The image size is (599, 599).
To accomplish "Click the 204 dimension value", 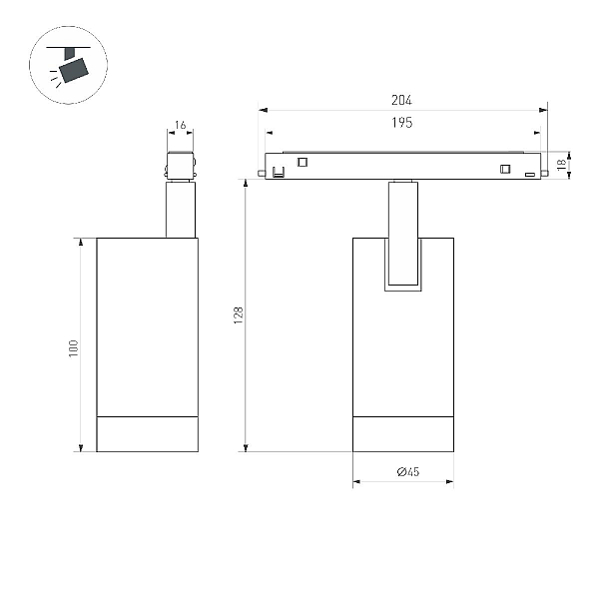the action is pos(401,100).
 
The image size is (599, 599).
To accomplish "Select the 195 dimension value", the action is pos(402,123).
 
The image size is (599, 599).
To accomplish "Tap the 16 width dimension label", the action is pos(181,125).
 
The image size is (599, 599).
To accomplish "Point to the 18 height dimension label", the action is pos(561,165).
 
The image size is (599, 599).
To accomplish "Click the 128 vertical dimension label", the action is pos(239,315).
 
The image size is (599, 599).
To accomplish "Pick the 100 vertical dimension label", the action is pos(73,348).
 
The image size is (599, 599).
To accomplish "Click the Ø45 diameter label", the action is pos(408,472).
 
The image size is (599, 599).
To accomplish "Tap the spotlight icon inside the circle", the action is pos(70,65).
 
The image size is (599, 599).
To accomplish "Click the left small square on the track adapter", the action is pos(302,162).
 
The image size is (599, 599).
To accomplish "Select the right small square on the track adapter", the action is pos(505,169).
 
